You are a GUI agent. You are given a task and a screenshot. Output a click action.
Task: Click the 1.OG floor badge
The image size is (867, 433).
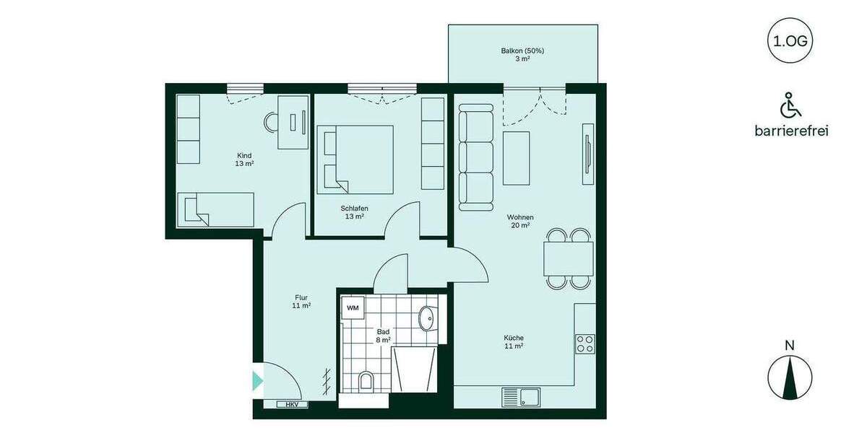click(790, 41)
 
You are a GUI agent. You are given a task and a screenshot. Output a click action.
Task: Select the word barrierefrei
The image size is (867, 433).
click(790, 131)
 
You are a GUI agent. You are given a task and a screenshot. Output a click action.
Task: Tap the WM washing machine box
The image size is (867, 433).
click(353, 308)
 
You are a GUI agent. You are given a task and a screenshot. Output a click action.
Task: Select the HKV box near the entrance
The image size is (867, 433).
click(292, 405)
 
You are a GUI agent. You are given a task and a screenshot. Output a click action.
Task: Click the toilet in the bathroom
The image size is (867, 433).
click(366, 381)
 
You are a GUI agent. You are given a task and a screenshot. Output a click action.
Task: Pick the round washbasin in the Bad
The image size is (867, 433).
click(427, 317)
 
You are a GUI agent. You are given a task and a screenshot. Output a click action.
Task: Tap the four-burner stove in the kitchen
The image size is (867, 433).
click(585, 343)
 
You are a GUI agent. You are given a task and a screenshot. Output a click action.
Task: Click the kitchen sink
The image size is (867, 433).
click(520, 396)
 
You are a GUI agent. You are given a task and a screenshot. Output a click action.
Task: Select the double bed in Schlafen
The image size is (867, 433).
click(355, 159)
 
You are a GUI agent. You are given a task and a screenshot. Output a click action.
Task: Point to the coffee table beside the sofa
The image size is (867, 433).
click(516, 157)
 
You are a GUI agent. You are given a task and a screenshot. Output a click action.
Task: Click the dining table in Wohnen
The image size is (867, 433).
click(569, 258)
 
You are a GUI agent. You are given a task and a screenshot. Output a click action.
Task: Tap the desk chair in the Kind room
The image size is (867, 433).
click(272, 122)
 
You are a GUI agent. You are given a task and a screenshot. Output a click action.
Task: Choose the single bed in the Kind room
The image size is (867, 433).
click(216, 209)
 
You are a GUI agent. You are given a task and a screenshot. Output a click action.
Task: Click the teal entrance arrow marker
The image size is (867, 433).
click(257, 380)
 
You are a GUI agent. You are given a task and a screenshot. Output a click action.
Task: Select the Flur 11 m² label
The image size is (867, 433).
click(302, 301)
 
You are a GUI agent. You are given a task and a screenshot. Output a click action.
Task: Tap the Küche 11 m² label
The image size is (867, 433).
click(514, 341)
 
